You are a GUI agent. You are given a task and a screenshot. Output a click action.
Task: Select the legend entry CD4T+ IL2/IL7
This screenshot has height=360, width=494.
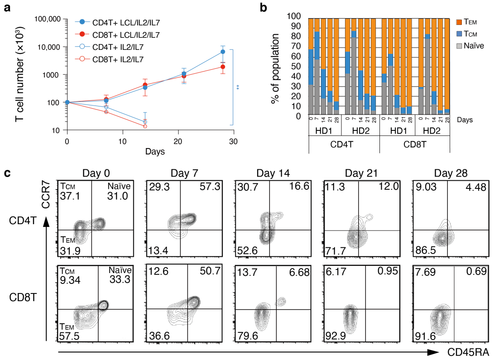(115, 47)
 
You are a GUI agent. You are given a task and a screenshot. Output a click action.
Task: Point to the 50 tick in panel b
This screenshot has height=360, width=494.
(298, 67)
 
